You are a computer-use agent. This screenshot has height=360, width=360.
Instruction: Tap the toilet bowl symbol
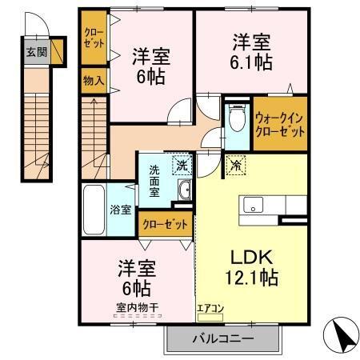click(x=237, y=121)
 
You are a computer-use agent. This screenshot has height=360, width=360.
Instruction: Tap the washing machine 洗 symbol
click(x=182, y=166)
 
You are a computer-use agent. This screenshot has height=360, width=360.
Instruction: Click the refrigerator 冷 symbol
click(x=237, y=166)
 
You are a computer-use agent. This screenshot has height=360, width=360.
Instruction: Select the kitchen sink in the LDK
click(x=256, y=205)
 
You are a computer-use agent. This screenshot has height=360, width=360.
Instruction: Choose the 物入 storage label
click(x=93, y=80)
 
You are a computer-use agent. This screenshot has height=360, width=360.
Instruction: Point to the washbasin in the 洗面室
click(x=184, y=190)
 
